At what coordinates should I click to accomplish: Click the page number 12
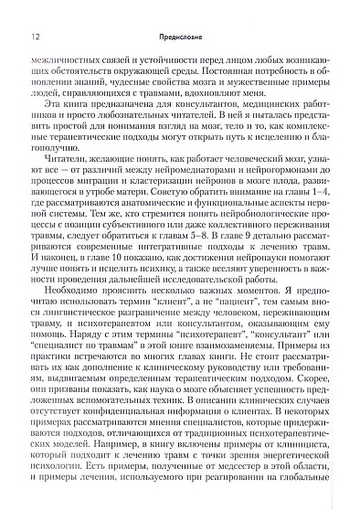coord(34,37)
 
